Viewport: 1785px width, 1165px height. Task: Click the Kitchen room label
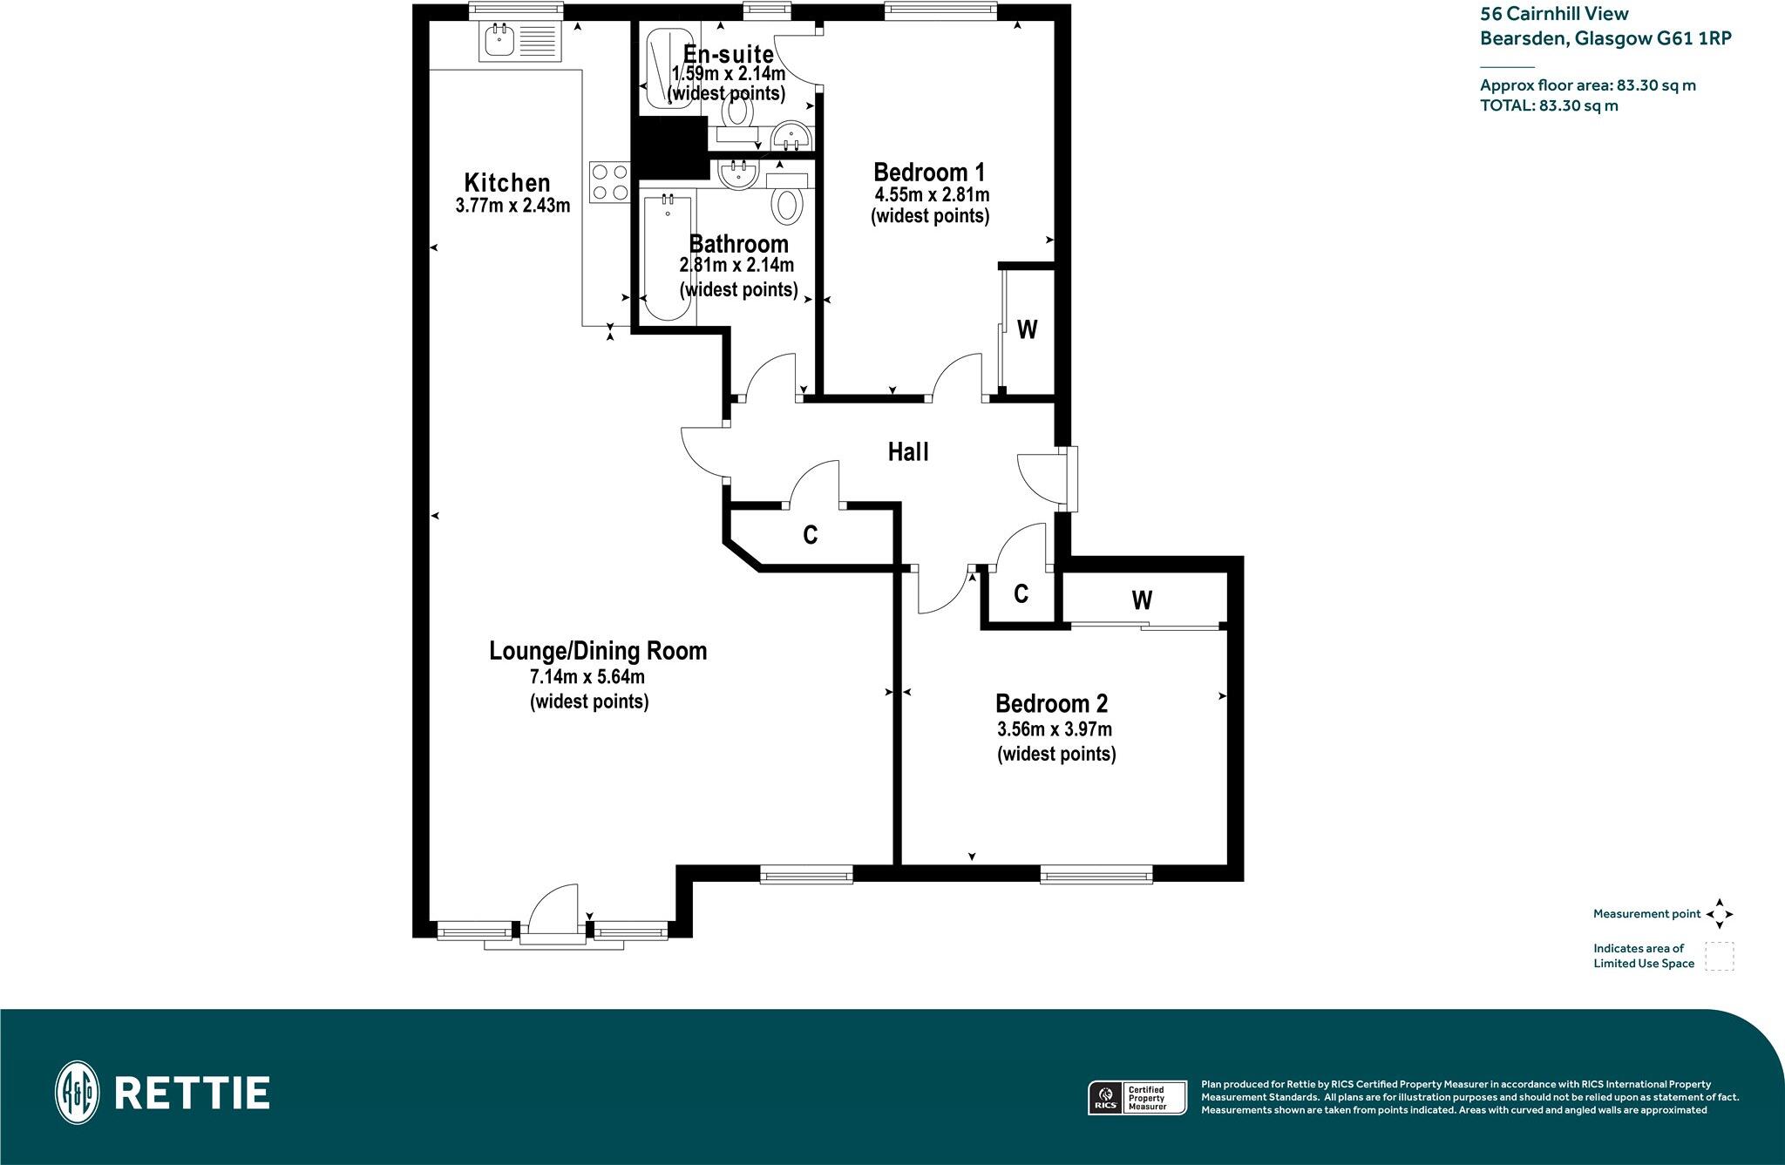507,183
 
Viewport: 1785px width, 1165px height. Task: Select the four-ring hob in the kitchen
609,183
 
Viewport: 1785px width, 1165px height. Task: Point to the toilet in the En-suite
738,111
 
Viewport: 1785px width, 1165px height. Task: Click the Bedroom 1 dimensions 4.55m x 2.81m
932,195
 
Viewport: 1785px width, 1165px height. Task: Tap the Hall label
908,452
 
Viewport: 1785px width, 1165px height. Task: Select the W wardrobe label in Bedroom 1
1028,329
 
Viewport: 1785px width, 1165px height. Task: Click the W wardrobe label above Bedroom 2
1142,599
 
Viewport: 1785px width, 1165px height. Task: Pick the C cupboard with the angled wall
810,535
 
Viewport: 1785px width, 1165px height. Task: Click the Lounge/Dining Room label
598,651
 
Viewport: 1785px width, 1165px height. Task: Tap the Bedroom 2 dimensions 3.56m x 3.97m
1054,729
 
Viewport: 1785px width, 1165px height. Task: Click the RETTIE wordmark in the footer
192,1093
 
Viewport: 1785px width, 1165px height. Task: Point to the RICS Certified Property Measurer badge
1137,1097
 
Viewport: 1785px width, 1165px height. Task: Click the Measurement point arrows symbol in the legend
1720,914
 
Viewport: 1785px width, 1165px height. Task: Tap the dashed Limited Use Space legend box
1720,956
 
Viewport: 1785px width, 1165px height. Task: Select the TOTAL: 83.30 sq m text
1549,106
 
